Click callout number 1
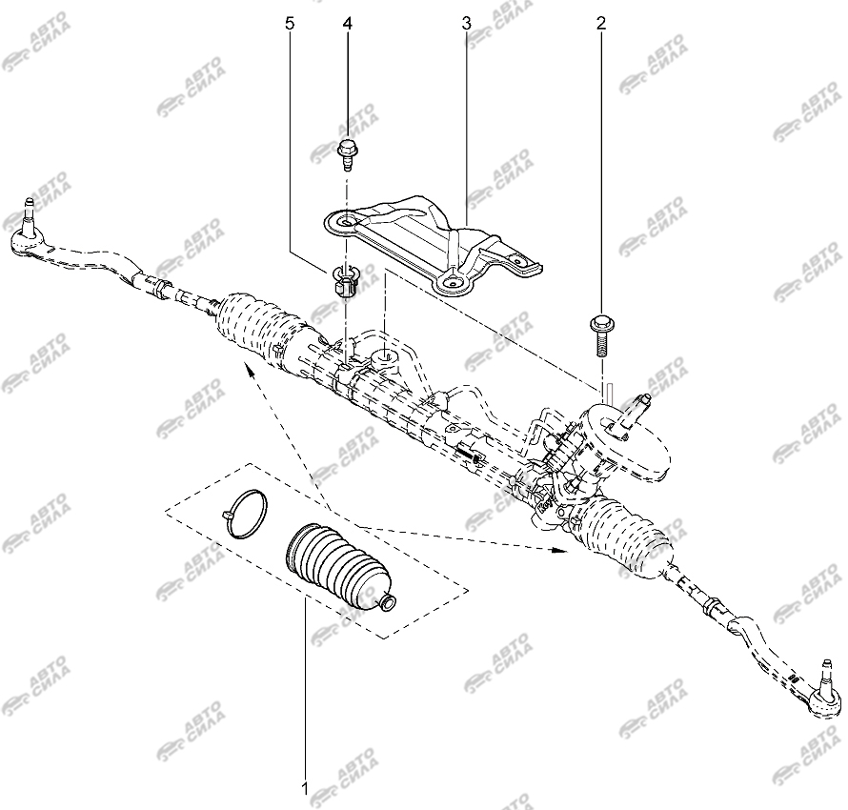click(x=305, y=788)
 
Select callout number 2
click(x=601, y=23)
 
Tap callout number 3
click(x=466, y=23)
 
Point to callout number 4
click(x=347, y=23)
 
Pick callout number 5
click(x=291, y=23)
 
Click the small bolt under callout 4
click(x=346, y=154)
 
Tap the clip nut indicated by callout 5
click(x=343, y=281)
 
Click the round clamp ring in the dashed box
click(x=246, y=513)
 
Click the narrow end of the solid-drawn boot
click(x=387, y=601)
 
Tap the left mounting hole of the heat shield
click(x=346, y=222)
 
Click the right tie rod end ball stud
click(x=826, y=677)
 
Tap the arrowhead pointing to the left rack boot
click(x=250, y=370)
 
